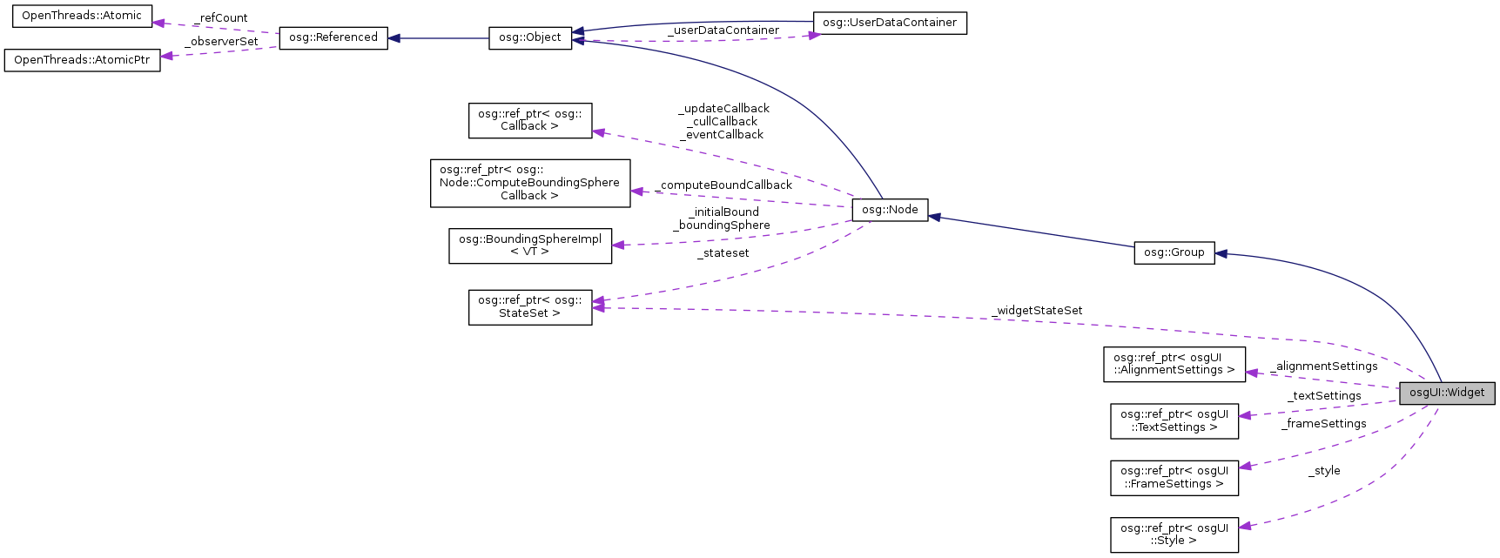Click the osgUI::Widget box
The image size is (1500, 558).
tap(1447, 393)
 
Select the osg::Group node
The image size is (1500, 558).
tap(1174, 252)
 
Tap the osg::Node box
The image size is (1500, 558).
tap(890, 210)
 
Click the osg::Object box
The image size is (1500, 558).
tap(530, 38)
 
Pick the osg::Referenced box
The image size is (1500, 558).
tap(333, 37)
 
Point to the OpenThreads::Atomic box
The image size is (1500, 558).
tap(81, 16)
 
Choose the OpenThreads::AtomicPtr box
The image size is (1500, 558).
tap(82, 60)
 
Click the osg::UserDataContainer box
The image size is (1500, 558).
tap(889, 23)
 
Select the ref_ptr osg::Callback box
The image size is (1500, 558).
tap(529, 120)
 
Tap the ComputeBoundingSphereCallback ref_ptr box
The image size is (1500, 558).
tap(529, 183)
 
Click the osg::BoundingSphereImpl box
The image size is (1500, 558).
tap(529, 245)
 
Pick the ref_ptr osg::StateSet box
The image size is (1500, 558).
tap(529, 307)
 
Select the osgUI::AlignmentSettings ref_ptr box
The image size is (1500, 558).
tap(1174, 364)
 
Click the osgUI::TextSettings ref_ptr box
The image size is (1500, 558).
tap(1174, 420)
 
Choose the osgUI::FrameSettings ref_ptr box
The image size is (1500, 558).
tap(1174, 478)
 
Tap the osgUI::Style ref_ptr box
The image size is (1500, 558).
tap(1174, 534)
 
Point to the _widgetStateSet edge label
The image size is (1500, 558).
tap(1037, 311)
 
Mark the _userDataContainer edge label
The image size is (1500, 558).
tap(723, 30)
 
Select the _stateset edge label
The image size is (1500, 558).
tap(723, 253)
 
